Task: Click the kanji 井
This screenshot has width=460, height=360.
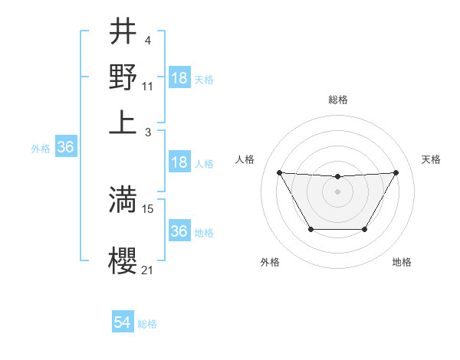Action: click(x=123, y=33)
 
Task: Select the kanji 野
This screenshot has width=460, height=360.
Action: click(x=123, y=77)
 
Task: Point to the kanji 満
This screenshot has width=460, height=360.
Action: click(x=123, y=200)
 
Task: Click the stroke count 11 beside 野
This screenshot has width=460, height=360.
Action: click(x=148, y=87)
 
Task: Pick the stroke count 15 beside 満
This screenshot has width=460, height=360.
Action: click(x=148, y=208)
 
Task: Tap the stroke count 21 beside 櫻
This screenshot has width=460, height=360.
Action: click(x=148, y=270)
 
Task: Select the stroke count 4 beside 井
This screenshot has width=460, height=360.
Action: click(x=146, y=41)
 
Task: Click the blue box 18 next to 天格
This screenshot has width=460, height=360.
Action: click(x=179, y=78)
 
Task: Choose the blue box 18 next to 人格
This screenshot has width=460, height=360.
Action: click(x=179, y=162)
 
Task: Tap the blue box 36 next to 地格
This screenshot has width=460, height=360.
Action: click(x=179, y=231)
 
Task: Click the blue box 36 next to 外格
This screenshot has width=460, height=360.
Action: click(x=65, y=147)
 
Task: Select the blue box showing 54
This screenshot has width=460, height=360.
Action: click(x=123, y=323)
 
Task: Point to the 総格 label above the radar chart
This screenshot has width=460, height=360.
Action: click(x=338, y=100)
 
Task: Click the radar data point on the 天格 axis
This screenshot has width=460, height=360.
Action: click(x=396, y=172)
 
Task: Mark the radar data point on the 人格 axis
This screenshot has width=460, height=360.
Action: click(x=280, y=172)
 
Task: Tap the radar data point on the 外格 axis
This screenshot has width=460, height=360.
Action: click(x=310, y=229)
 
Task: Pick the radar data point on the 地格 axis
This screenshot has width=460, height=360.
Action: click(x=364, y=229)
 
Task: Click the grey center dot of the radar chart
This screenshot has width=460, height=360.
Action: click(x=337, y=191)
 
